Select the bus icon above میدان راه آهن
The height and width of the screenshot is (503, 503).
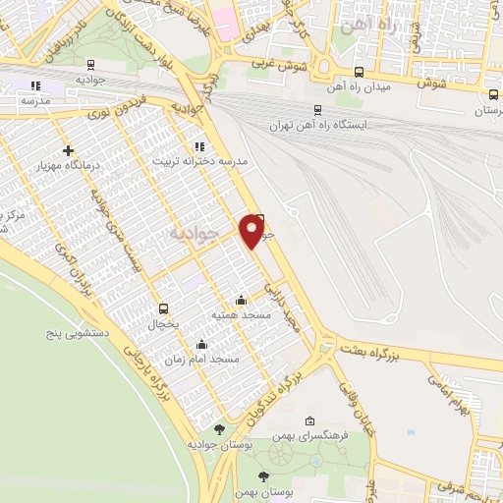(359, 71)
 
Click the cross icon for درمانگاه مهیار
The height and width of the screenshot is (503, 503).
(67, 150)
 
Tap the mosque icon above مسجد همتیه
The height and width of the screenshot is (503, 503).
(242, 300)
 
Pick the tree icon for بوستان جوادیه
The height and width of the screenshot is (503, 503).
(218, 429)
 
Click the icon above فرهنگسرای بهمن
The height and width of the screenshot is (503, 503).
(310, 419)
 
